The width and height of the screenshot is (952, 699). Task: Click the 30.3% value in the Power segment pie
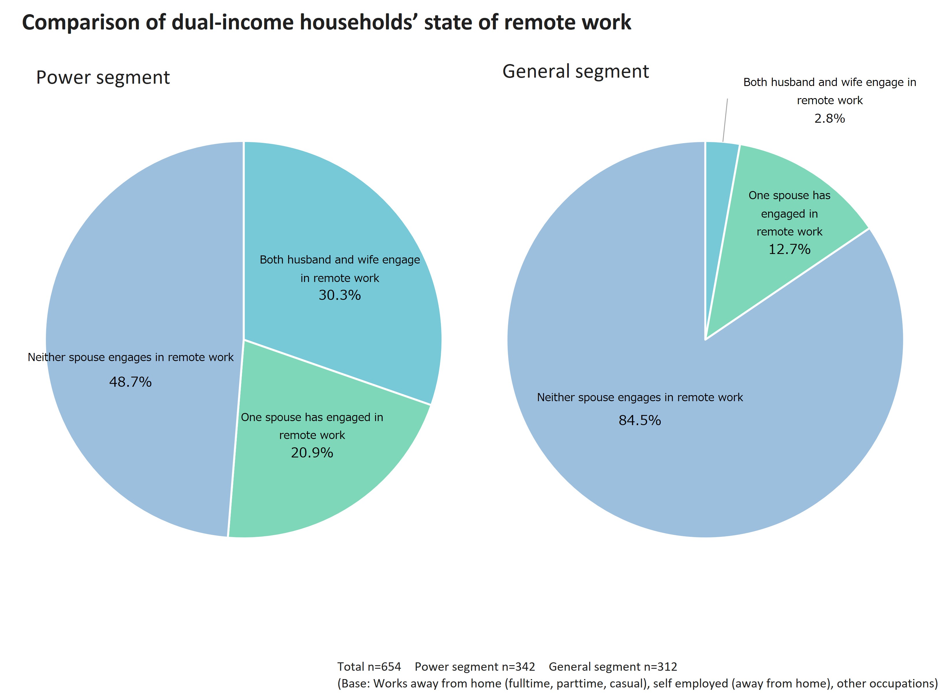pos(340,295)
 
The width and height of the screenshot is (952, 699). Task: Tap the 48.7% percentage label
pos(131,382)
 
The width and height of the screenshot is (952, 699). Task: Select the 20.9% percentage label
pos(312,453)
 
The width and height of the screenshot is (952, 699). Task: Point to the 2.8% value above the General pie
pos(829,119)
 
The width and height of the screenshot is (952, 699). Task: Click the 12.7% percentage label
pos(789,249)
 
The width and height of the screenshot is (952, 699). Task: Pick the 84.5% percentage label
pos(640,420)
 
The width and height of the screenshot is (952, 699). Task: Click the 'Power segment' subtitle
pos(103,77)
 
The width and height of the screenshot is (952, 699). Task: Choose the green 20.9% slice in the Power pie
pos(322,487)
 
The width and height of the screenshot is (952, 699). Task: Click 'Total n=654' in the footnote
pos(369,667)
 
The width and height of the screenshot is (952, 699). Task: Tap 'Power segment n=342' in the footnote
pos(474,667)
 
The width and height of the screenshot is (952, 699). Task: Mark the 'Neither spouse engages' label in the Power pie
pos(131,358)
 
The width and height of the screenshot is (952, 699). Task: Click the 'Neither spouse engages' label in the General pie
pos(640,398)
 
